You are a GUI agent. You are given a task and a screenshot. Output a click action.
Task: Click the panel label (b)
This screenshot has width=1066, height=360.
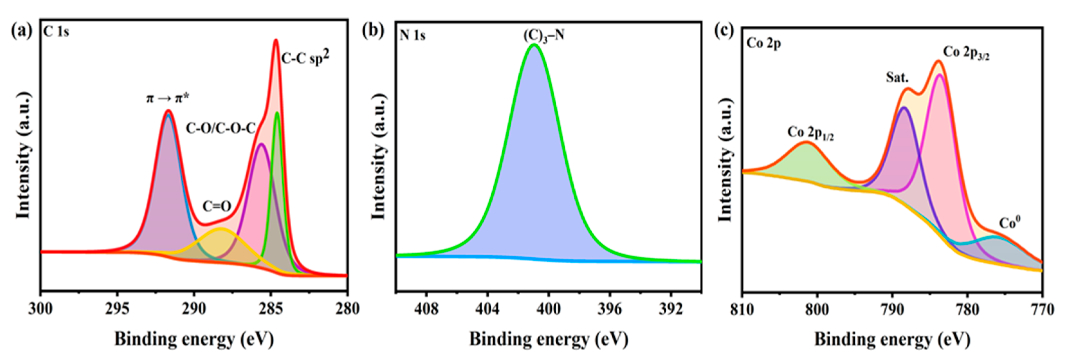click(x=373, y=31)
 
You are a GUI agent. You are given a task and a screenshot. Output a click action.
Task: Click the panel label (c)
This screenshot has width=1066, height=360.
click(x=724, y=31)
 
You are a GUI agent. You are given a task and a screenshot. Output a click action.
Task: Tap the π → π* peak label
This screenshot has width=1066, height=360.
click(x=168, y=98)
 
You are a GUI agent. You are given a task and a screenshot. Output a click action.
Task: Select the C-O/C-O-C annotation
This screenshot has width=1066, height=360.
click(x=221, y=128)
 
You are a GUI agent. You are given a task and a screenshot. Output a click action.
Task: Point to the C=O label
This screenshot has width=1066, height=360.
click(x=216, y=206)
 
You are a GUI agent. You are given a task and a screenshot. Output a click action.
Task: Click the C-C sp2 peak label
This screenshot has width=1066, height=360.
click(x=305, y=58)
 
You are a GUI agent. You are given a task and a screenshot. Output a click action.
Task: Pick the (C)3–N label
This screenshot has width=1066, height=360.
click(x=544, y=36)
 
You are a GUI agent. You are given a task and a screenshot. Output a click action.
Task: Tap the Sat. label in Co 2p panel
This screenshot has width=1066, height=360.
click(x=897, y=77)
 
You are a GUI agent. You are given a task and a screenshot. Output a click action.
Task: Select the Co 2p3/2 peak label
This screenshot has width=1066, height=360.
click(x=966, y=53)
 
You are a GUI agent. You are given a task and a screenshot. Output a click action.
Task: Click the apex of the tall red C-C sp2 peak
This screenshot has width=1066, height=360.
click(x=276, y=40)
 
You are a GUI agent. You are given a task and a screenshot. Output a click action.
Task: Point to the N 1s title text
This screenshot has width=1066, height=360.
click(x=412, y=36)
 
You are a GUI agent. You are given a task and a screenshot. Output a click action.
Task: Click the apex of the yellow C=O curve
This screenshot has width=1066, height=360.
click(x=221, y=229)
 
